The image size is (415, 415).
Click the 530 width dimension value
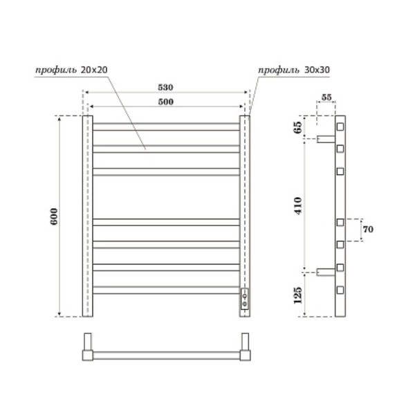[165, 88]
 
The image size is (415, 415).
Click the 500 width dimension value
[165, 102]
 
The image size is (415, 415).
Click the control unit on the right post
[245, 299]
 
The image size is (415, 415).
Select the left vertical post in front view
[87, 216]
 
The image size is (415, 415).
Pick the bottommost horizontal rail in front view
[165, 290]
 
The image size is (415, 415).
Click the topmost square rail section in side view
[340, 127]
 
